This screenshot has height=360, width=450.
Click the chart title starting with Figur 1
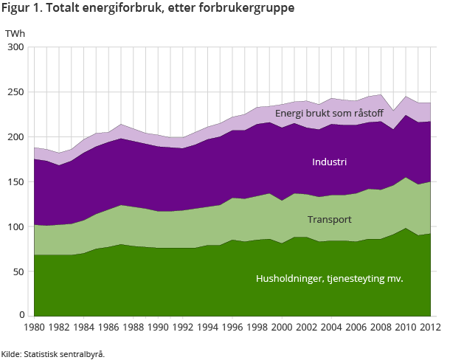[x=148, y=9]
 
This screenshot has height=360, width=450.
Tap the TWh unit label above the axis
[x=14, y=34]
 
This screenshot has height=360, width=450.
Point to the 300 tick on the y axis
[x=16, y=47]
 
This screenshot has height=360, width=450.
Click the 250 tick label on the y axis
[x=16, y=92]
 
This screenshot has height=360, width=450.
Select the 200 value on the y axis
[x=16, y=137]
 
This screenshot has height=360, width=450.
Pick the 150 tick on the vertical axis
[x=16, y=181]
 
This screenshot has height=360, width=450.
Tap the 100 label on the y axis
[x=16, y=226]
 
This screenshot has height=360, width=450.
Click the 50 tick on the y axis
[x=18, y=271]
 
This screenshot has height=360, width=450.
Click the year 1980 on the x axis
[x=35, y=327]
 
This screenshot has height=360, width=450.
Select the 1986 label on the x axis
[x=108, y=327]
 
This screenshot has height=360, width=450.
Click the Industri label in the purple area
[x=329, y=162]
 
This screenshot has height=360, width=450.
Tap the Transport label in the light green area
[x=329, y=220]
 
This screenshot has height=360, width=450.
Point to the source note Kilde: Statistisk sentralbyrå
[x=53, y=354]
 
